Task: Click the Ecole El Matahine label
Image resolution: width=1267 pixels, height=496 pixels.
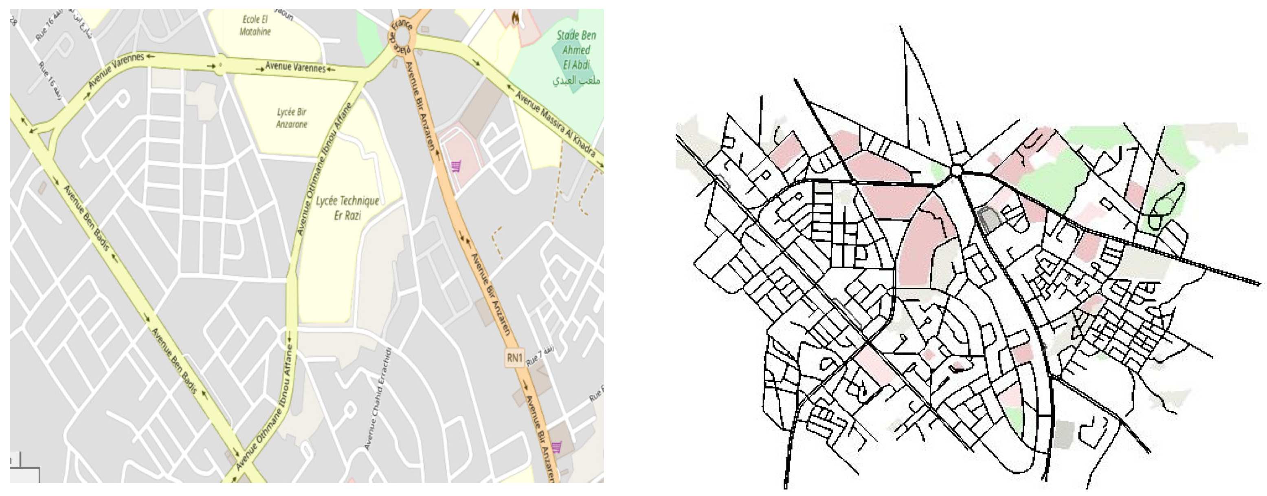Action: (x=255, y=26)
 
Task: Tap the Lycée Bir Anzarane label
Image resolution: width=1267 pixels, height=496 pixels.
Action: (x=291, y=118)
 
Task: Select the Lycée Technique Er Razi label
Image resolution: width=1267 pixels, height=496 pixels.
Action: (x=347, y=207)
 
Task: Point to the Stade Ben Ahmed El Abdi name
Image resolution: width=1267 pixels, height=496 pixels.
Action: (x=576, y=50)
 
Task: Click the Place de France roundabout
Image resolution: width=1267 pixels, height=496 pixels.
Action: (x=403, y=35)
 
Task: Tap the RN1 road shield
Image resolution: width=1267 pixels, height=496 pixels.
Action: (x=514, y=357)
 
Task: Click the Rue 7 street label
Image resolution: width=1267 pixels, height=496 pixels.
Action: (x=540, y=355)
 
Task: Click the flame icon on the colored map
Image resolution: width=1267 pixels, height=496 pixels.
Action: (x=515, y=19)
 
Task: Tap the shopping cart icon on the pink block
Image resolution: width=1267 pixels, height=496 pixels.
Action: (x=456, y=166)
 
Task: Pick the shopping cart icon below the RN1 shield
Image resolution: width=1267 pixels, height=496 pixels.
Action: (x=556, y=447)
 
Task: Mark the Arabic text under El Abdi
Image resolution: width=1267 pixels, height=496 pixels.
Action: (x=575, y=80)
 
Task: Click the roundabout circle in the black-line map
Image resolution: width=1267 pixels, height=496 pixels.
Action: (x=956, y=171)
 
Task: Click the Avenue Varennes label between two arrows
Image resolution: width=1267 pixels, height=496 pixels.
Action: (x=295, y=66)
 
